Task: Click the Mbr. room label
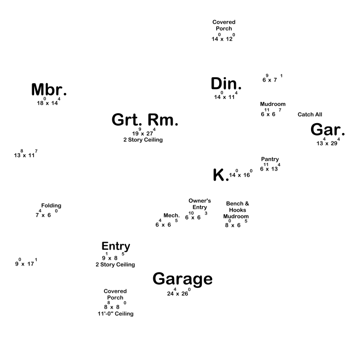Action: [49, 90]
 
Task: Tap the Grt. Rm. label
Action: [145, 120]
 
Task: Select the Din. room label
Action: [226, 84]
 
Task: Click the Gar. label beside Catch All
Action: [327, 130]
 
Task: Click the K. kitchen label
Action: [221, 175]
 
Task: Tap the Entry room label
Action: [116, 246]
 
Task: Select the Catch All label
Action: [310, 114]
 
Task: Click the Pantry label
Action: [270, 159]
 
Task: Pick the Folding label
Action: [51, 206]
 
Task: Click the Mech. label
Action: [172, 215]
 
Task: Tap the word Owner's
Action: [200, 200]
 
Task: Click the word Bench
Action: [234, 204]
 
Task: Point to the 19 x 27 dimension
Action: [144, 132]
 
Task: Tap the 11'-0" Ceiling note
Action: [116, 314]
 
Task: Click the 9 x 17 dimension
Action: [26, 262]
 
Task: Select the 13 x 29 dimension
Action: [328, 142]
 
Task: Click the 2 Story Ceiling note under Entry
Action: [115, 265]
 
